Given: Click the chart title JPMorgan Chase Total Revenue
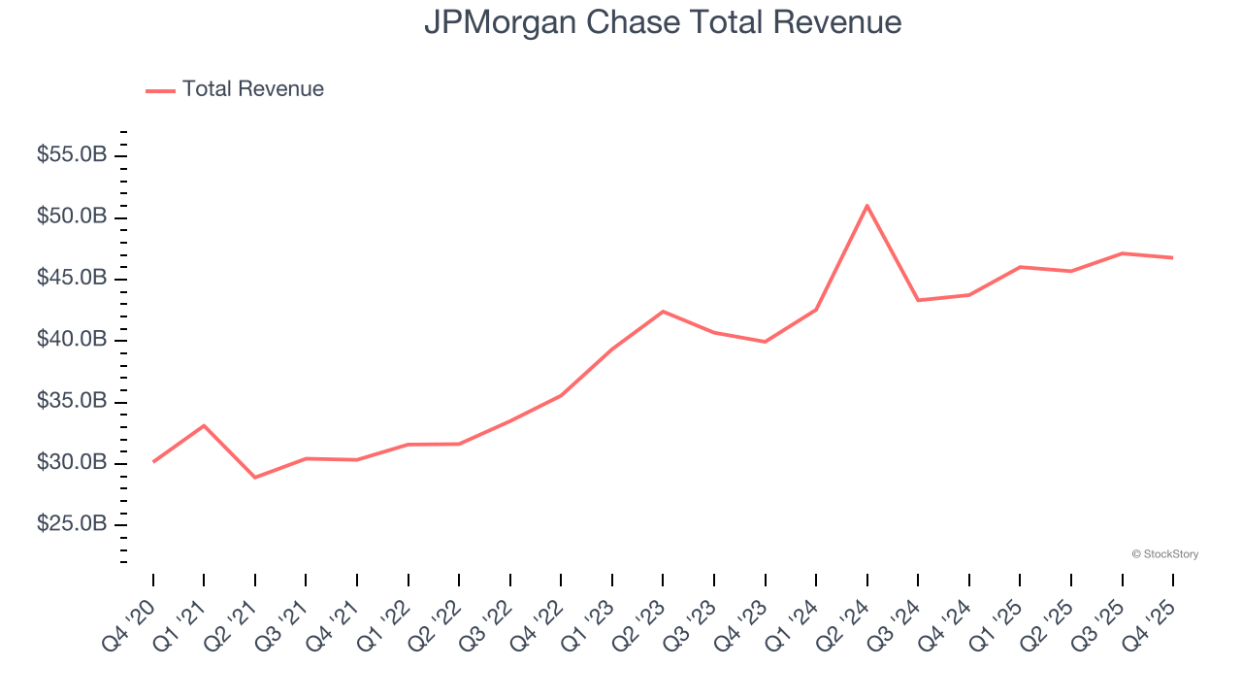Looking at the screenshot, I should tap(663, 22).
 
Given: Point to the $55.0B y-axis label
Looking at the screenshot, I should tap(73, 155).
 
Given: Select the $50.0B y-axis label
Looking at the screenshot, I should tap(73, 216).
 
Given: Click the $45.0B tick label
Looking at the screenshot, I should tap(73, 279).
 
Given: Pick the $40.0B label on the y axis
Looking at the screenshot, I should tap(73, 340).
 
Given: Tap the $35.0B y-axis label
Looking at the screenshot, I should tap(73, 402).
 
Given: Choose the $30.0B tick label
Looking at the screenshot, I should tap(73, 463).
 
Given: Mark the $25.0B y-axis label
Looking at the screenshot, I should tap(73, 524).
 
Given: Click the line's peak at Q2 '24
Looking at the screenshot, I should tap(866, 206).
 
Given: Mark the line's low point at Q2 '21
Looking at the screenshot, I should tap(255, 478).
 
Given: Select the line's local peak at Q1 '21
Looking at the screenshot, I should tap(204, 425).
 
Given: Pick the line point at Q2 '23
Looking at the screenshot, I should tap(663, 312).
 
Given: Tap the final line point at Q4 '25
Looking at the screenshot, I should tap(1172, 257).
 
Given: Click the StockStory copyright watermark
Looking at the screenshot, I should tap(1164, 554).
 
